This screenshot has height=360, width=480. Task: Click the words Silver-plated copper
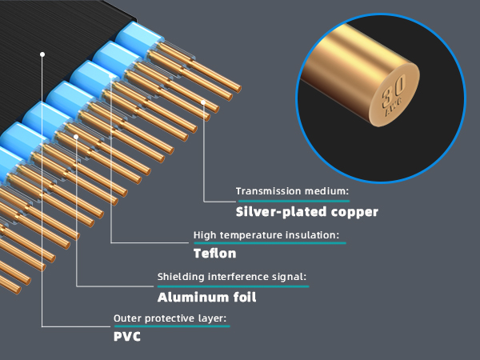[x=307, y=212]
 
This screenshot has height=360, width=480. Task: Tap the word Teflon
[x=215, y=254]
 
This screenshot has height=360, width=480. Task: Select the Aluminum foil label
[x=207, y=298]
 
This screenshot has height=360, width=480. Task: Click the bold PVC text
[x=127, y=337]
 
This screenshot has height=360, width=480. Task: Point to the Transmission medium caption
[x=292, y=191]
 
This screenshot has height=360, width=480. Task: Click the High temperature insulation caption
[x=266, y=235]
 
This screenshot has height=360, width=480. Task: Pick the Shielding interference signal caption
[x=232, y=277]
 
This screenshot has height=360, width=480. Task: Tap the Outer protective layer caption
[x=170, y=318]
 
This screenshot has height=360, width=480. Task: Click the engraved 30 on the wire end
[x=394, y=91]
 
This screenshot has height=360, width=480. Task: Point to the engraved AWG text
[x=394, y=108]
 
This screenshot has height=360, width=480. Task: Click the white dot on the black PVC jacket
[x=42, y=54]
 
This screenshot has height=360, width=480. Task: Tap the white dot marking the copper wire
[x=203, y=102]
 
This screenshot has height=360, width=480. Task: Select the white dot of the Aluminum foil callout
[x=76, y=137]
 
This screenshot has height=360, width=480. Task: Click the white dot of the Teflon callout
[x=111, y=76]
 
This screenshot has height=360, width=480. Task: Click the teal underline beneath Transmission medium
[x=294, y=201]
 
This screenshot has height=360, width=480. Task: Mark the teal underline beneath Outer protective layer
[x=172, y=326]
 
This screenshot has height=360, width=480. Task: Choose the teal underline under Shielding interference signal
[x=234, y=286]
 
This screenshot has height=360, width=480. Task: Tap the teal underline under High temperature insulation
[x=270, y=243]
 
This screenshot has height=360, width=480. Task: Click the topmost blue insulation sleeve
[x=139, y=39]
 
